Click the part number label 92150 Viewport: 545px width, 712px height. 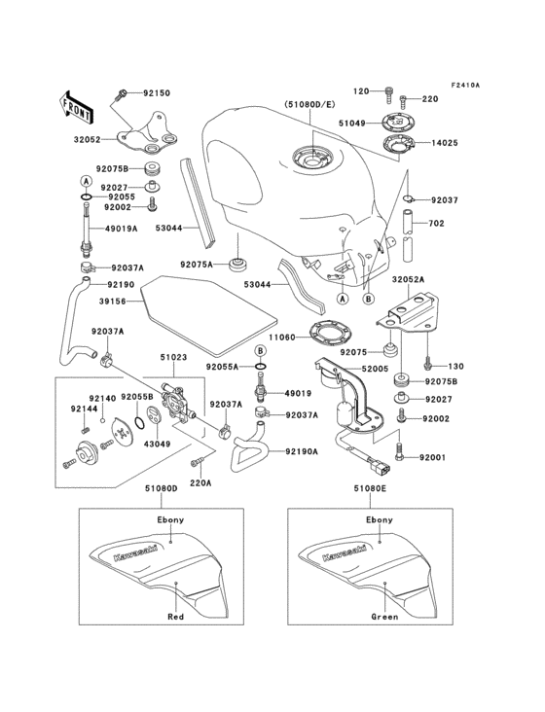(157, 94)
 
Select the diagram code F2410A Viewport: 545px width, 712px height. (465, 85)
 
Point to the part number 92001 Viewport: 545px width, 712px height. (433, 456)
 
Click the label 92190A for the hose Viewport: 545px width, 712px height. (302, 451)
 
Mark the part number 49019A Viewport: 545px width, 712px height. (122, 231)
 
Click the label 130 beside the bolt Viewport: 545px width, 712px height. (456, 367)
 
